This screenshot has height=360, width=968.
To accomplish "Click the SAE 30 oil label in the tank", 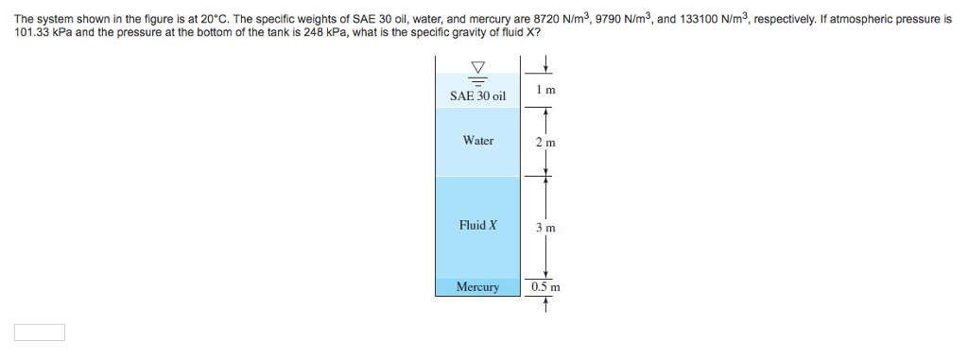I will pos(477,95).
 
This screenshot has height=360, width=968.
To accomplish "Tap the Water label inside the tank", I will pos(477,141).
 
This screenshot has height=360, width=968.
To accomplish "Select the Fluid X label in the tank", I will pos(477,225).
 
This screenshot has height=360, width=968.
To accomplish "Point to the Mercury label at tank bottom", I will pos(477,286).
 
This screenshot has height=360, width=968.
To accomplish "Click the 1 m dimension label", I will pos(544,90).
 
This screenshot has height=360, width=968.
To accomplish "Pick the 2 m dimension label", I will pos(544,143).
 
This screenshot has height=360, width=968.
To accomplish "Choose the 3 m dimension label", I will pos(544,228).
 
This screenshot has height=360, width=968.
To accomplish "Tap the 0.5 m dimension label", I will pos(545,286).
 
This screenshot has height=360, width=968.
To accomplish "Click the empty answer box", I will pos(40,332).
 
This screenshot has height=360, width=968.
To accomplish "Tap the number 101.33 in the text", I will pos(33,32).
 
